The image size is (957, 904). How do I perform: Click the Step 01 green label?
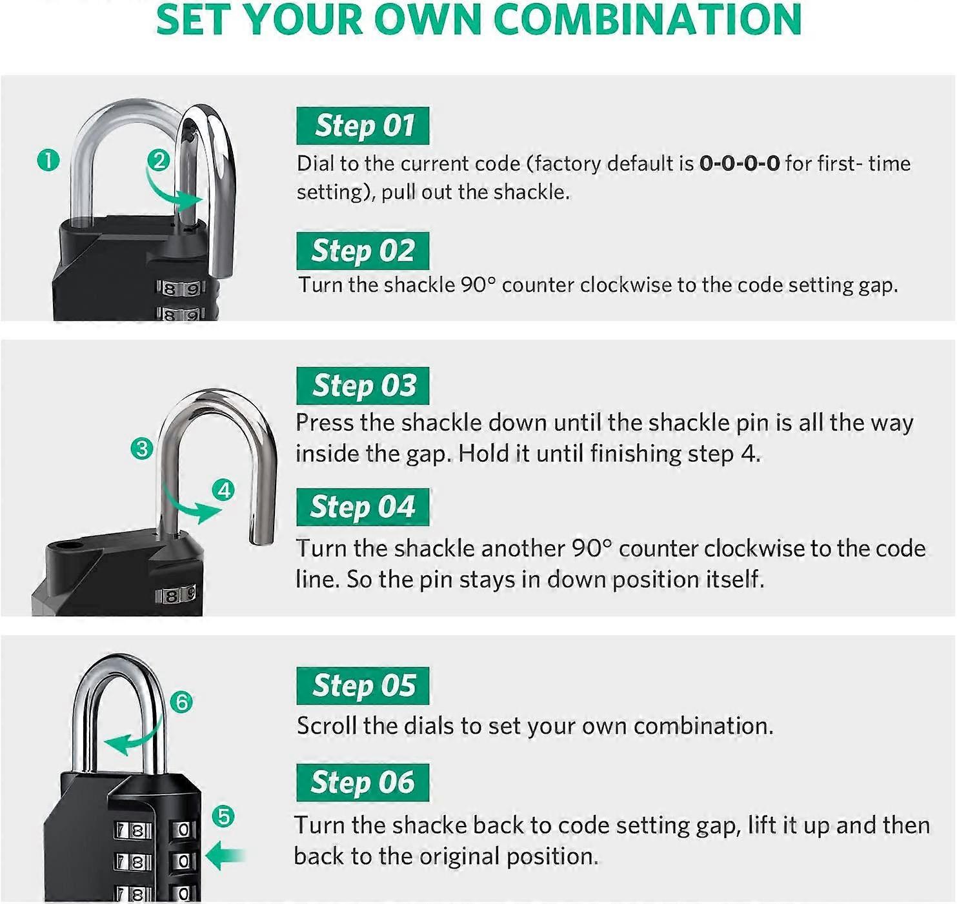click(363, 126)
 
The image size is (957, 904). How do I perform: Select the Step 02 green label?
click(363, 251)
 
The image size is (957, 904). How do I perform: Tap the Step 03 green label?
click(363, 386)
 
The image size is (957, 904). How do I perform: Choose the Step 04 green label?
click(363, 507)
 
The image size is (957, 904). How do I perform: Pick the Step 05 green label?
click(363, 686)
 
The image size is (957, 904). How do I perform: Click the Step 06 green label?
click(363, 783)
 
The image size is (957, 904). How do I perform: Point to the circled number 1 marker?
click(48, 160)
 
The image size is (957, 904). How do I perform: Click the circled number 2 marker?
click(159, 160)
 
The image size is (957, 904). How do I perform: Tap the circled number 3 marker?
click(141, 448)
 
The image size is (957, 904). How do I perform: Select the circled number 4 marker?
click(224, 490)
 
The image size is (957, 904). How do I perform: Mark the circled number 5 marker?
click(223, 817)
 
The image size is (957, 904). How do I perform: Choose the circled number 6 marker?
click(182, 702)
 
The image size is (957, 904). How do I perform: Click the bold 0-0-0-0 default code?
click(740, 163)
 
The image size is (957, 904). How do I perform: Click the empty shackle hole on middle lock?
click(69, 548)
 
